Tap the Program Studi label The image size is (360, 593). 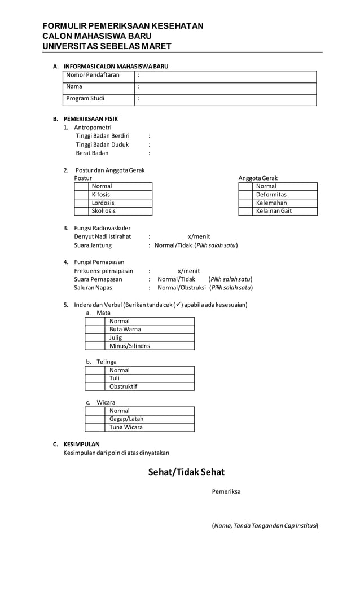click(x=85, y=99)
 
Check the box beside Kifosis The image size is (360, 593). click(x=82, y=195)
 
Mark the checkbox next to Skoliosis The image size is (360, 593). click(x=82, y=211)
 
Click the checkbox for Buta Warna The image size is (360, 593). click(x=95, y=330)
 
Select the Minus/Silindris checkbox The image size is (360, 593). click(x=95, y=346)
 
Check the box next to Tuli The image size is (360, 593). click(x=95, y=379)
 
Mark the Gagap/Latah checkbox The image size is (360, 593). click(x=95, y=419)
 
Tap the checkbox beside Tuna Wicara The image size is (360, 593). click(x=95, y=428)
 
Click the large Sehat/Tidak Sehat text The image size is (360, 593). click(x=186, y=472)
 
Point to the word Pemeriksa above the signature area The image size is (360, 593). click(x=226, y=492)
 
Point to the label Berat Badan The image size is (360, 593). click(x=92, y=153)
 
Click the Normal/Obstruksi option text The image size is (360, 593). click(x=182, y=288)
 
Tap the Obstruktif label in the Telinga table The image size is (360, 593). click(x=123, y=387)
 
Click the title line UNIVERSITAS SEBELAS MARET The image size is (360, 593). click(x=107, y=46)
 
